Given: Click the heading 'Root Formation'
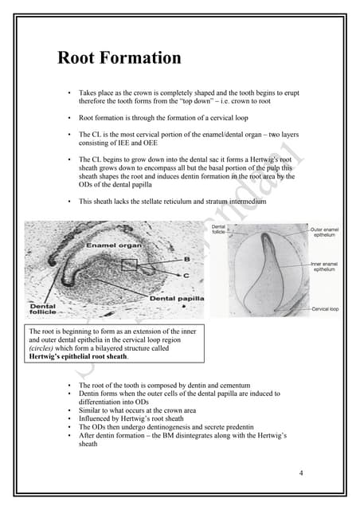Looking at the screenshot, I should [119, 58].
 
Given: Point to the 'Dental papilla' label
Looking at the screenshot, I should [177, 298].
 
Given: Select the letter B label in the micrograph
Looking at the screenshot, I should [186, 259].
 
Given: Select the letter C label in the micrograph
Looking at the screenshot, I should [186, 274].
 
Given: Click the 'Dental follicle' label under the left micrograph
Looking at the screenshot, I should [43, 309].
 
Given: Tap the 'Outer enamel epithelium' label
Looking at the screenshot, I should [329, 232].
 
